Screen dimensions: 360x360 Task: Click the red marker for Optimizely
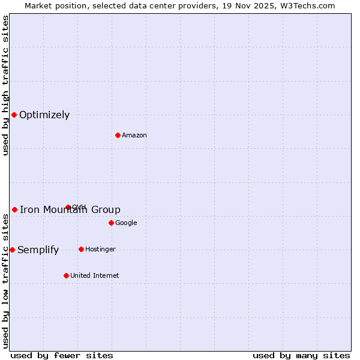pyautogui.click(x=14, y=115)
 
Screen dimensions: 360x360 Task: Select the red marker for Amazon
pyautogui.click(x=118, y=135)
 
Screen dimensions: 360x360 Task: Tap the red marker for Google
pyautogui.click(x=111, y=223)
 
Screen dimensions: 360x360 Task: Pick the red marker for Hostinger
pyautogui.click(x=81, y=249)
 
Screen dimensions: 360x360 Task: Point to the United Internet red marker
pyautogui.click(x=66, y=275)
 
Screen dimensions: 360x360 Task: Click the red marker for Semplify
pyautogui.click(x=12, y=250)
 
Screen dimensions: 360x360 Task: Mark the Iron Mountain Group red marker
pyautogui.click(x=14, y=209)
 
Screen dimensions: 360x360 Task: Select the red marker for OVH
pyautogui.click(x=68, y=207)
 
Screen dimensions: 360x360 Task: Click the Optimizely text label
pyautogui.click(x=44, y=115)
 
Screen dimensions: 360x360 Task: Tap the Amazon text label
pyautogui.click(x=134, y=136)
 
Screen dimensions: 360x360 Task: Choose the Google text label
pyautogui.click(x=126, y=223)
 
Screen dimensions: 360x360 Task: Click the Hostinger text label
pyautogui.click(x=100, y=250)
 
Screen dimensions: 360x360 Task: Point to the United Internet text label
pyautogui.click(x=94, y=276)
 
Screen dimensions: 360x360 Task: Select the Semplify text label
pyautogui.click(x=38, y=250)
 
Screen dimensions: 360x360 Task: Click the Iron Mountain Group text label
pyautogui.click(x=70, y=210)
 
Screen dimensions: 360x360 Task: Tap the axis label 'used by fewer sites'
pyautogui.click(x=62, y=355)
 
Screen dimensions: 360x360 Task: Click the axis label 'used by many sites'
pyautogui.click(x=301, y=355)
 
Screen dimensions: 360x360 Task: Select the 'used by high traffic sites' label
pyautogui.click(x=5, y=85)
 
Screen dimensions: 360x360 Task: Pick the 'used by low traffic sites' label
pyautogui.click(x=5, y=281)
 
